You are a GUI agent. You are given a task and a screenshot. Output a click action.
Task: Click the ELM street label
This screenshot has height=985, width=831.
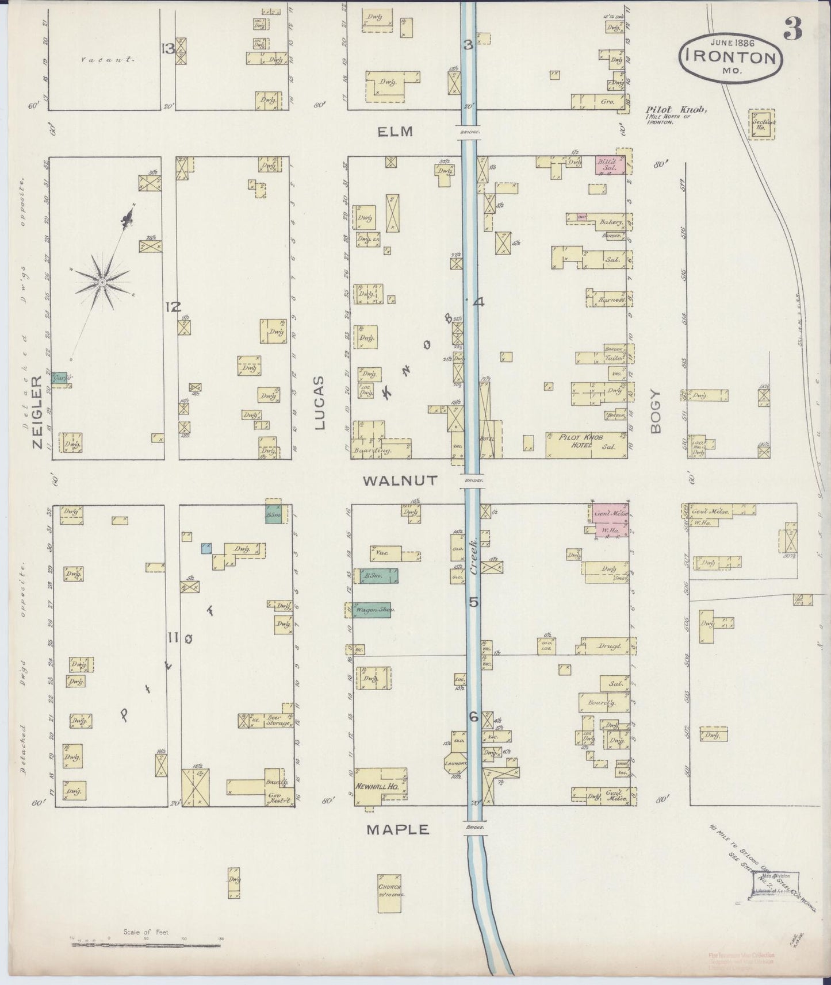pyautogui.click(x=395, y=132)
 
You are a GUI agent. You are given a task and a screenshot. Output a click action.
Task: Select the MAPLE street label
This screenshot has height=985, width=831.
pyautogui.click(x=398, y=829)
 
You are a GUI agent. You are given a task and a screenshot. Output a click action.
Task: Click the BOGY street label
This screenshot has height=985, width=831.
pyautogui.click(x=657, y=411)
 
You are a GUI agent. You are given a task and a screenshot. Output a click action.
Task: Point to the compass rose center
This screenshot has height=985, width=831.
pyautogui.click(x=102, y=282)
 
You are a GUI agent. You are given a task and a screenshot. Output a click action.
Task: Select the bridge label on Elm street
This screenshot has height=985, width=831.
pyautogui.click(x=470, y=131)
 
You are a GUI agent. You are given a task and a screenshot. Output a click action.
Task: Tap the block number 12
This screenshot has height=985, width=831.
pyautogui.click(x=173, y=307)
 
